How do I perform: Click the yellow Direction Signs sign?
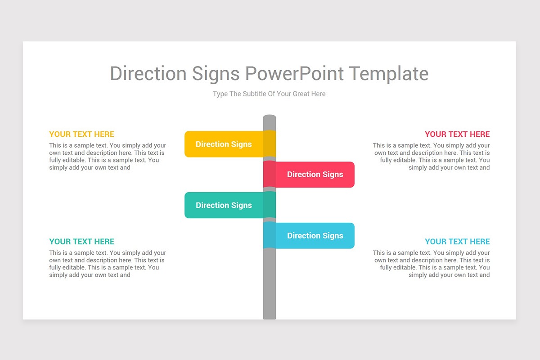point(224,144)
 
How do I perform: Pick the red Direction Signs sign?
point(315,175)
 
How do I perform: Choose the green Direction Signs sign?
point(224,205)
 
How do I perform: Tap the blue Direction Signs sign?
point(315,236)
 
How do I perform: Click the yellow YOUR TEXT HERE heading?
point(82,134)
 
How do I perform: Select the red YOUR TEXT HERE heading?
point(457,134)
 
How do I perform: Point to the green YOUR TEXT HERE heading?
point(82,242)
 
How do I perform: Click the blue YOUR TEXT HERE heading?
point(457,242)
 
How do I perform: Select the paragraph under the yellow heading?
point(107,157)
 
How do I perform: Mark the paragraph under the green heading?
point(107,264)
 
